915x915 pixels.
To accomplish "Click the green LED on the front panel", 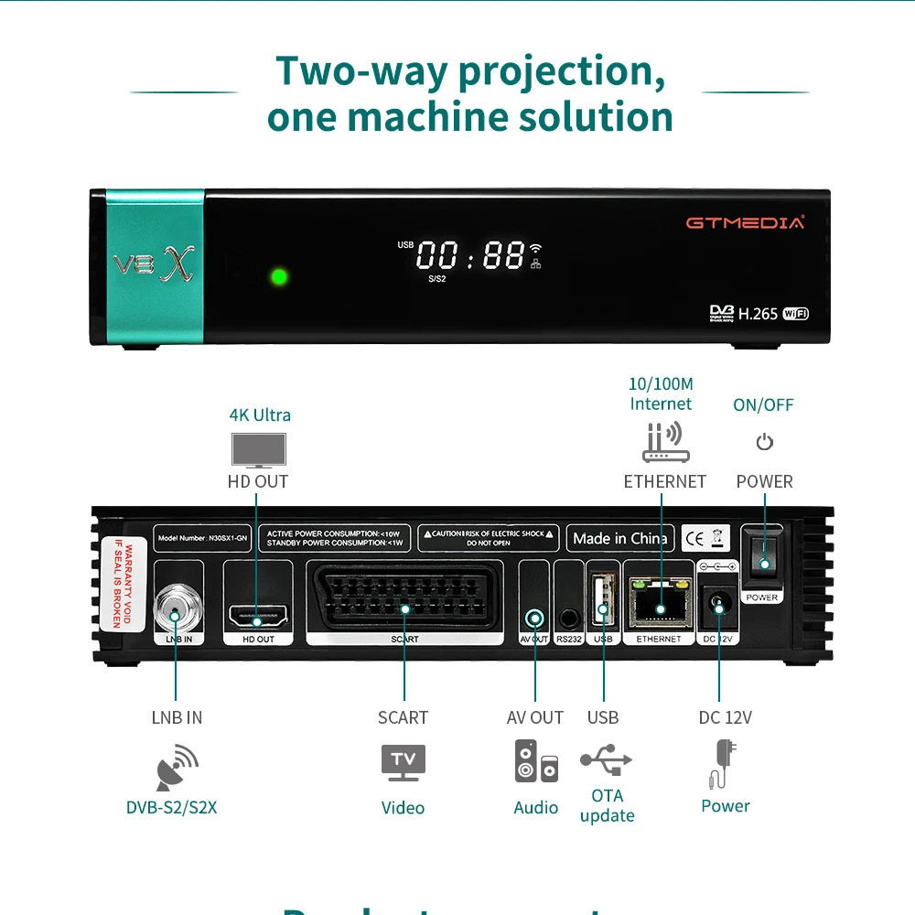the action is (x=279, y=276).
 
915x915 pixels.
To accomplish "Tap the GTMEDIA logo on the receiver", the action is (x=745, y=222).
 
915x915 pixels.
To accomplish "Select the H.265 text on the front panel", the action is (x=758, y=314).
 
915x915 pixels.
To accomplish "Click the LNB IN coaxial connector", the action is (x=176, y=606).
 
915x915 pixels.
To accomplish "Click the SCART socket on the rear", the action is (x=404, y=603).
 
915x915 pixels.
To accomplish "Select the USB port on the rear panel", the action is (x=603, y=602).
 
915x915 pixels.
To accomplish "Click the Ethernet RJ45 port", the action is (x=658, y=604).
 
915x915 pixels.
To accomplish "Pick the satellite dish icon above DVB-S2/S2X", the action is (x=177, y=767).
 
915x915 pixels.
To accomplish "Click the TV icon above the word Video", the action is (x=403, y=762).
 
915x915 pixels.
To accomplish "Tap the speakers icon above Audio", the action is (x=535, y=761).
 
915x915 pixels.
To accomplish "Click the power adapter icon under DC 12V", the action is (x=723, y=764).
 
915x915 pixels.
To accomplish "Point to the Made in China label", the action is (x=619, y=538).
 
